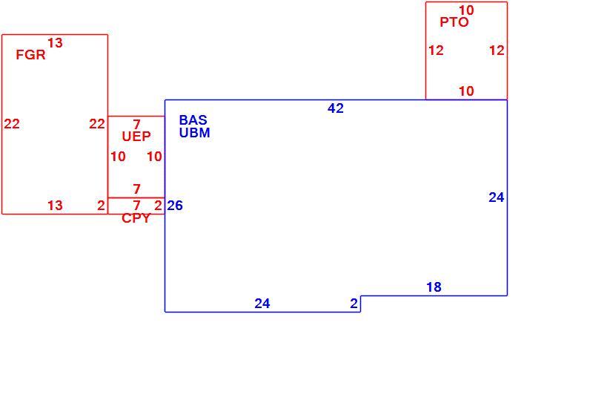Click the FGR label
[30, 55]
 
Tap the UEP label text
[136, 136]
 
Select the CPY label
[136, 218]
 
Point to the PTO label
[454, 22]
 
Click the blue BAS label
[193, 120]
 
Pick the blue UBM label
[194, 133]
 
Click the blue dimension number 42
[336, 108]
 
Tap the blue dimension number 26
[175, 206]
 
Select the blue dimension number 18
[434, 287]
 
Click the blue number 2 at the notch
[354, 304]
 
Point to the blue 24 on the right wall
[497, 197]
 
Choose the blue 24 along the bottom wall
[262, 304]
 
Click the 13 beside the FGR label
[55, 43]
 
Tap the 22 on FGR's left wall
[12, 124]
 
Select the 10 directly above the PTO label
[466, 10]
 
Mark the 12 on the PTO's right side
[497, 50]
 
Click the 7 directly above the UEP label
[137, 124]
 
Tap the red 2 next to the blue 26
[159, 206]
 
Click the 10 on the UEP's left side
[119, 157]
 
